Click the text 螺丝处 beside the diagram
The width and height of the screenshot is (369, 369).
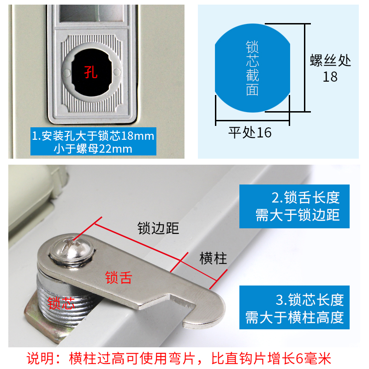(330, 60)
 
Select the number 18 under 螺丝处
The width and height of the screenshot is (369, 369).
(330, 77)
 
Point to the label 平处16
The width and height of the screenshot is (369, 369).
(250, 133)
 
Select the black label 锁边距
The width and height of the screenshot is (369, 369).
(158, 228)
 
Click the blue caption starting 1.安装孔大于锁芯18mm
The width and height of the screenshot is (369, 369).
(93, 142)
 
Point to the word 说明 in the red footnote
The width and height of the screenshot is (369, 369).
(40, 358)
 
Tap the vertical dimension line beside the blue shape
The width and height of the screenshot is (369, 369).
(304, 67)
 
